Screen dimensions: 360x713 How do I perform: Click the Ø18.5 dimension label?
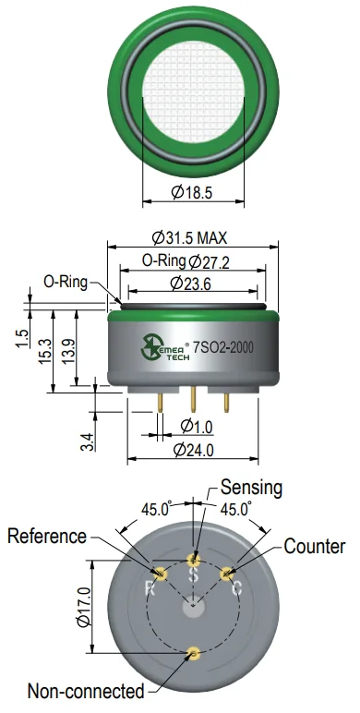(192, 193)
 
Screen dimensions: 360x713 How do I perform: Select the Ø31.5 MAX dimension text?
(189, 237)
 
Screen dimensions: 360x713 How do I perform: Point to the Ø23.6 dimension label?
(191, 284)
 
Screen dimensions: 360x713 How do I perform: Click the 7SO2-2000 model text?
(223, 348)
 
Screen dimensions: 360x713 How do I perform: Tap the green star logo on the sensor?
(150, 348)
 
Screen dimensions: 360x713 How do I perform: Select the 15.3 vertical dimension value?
(44, 352)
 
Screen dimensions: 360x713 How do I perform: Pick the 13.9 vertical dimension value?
(68, 351)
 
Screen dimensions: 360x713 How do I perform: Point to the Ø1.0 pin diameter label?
(197, 427)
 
